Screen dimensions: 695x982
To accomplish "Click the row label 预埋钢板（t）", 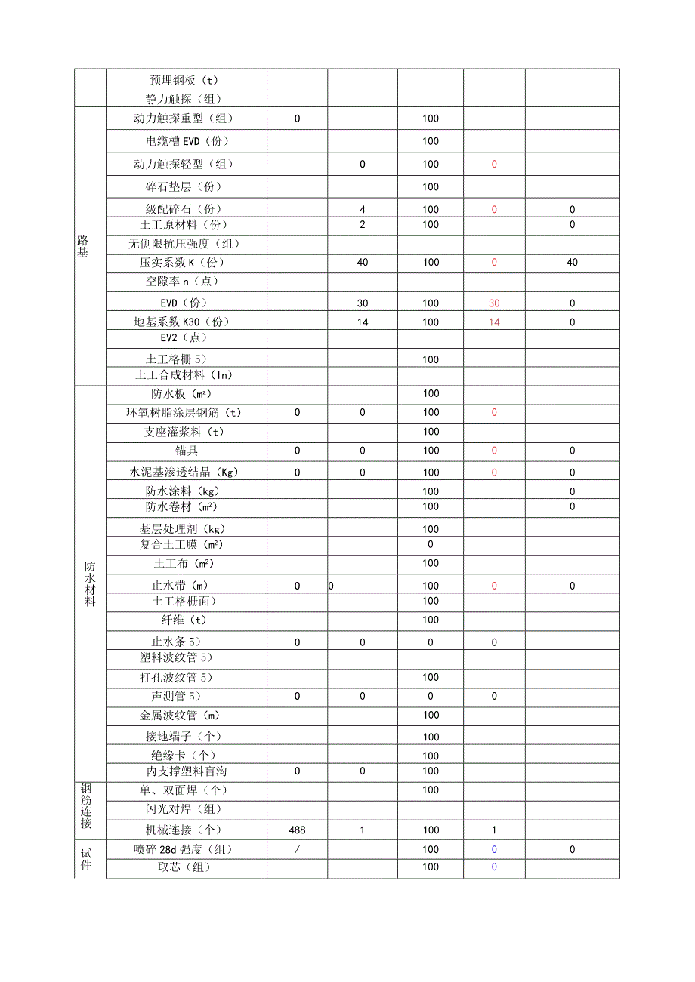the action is pos(186,80).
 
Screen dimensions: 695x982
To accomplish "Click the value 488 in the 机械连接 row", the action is pos(297,830).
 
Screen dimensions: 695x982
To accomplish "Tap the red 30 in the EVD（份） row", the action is pos(494,303).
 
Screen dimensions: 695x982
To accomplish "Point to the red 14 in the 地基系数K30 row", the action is pos(494,322).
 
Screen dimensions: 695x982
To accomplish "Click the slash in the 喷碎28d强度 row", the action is pos(297,850).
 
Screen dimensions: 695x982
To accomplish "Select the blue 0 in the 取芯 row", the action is pos(494,867).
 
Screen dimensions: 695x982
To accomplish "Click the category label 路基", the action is pos(82,246).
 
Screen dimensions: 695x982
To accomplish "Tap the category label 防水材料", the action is pos(90,584).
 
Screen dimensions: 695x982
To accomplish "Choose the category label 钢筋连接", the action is pos(86,806).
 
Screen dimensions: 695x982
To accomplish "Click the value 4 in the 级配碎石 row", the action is pos(363,210).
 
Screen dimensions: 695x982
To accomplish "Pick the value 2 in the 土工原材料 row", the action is pos(363,225).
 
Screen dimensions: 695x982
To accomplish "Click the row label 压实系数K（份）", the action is pos(182,263).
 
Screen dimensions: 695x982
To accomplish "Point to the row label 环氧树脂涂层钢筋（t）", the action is pos(186,413).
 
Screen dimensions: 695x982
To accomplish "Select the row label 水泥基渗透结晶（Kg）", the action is pos(186,473).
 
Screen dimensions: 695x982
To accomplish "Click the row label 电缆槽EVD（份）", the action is pos(187,141).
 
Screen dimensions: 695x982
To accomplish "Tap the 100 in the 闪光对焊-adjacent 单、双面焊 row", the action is pos(431,790).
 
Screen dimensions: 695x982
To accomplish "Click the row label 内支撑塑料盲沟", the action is pos(186,771).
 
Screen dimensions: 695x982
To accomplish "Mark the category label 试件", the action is pos(86,859).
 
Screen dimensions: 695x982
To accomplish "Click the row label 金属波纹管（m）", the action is pos(180,715).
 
